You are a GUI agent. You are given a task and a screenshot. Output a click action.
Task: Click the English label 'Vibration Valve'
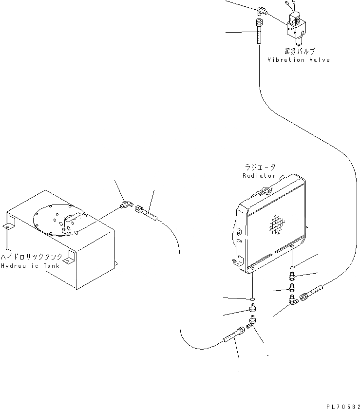click(x=298, y=60)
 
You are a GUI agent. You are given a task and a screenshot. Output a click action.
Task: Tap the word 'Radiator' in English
click(x=259, y=175)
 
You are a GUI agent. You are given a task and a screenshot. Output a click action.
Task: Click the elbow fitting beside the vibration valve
click(x=262, y=10)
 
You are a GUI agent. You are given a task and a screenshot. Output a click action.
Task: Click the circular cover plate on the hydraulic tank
click(x=58, y=221)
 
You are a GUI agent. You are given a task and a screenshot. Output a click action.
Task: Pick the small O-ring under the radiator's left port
click(x=252, y=298)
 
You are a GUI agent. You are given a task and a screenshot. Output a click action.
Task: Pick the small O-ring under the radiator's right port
click(x=291, y=267)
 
